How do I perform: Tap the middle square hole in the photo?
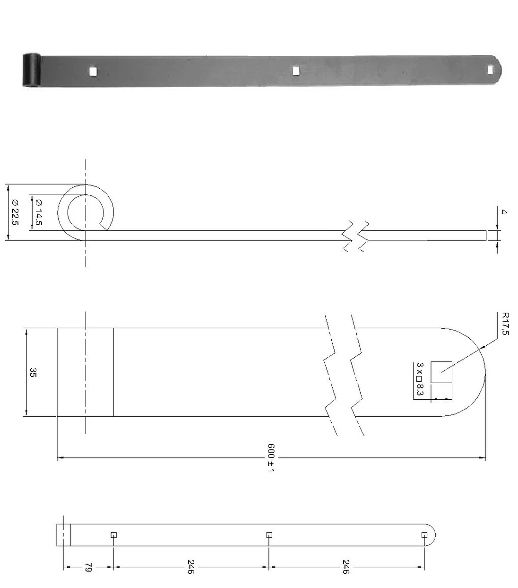296,70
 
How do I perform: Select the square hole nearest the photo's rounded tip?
491,70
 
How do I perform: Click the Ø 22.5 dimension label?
15,211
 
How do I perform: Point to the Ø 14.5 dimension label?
38,211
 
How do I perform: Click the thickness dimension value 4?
503,212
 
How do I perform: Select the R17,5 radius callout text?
505,324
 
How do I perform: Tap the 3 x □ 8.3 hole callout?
420,379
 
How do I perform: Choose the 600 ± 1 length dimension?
271,458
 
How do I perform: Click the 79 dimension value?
87,567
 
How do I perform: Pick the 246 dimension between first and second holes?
190,567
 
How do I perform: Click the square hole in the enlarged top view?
441,372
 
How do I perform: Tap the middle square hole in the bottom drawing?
269,535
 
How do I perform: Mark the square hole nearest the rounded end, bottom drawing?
424,535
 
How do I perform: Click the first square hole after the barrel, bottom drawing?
113,535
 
